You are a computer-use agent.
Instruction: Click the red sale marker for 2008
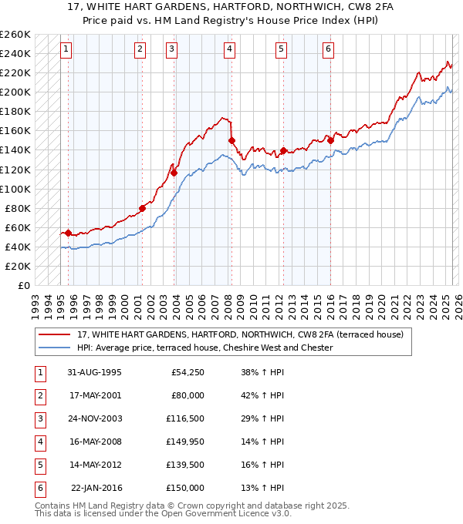231,140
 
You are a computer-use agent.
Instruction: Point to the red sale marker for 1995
68,233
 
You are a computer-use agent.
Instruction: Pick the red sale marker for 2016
330,140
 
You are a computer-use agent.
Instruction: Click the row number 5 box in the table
39,465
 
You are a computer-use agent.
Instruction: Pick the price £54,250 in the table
185,372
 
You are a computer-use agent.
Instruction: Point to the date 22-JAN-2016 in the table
96,488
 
